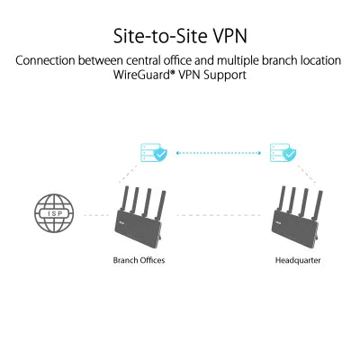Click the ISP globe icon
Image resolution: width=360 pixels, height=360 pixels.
point(51,215)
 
